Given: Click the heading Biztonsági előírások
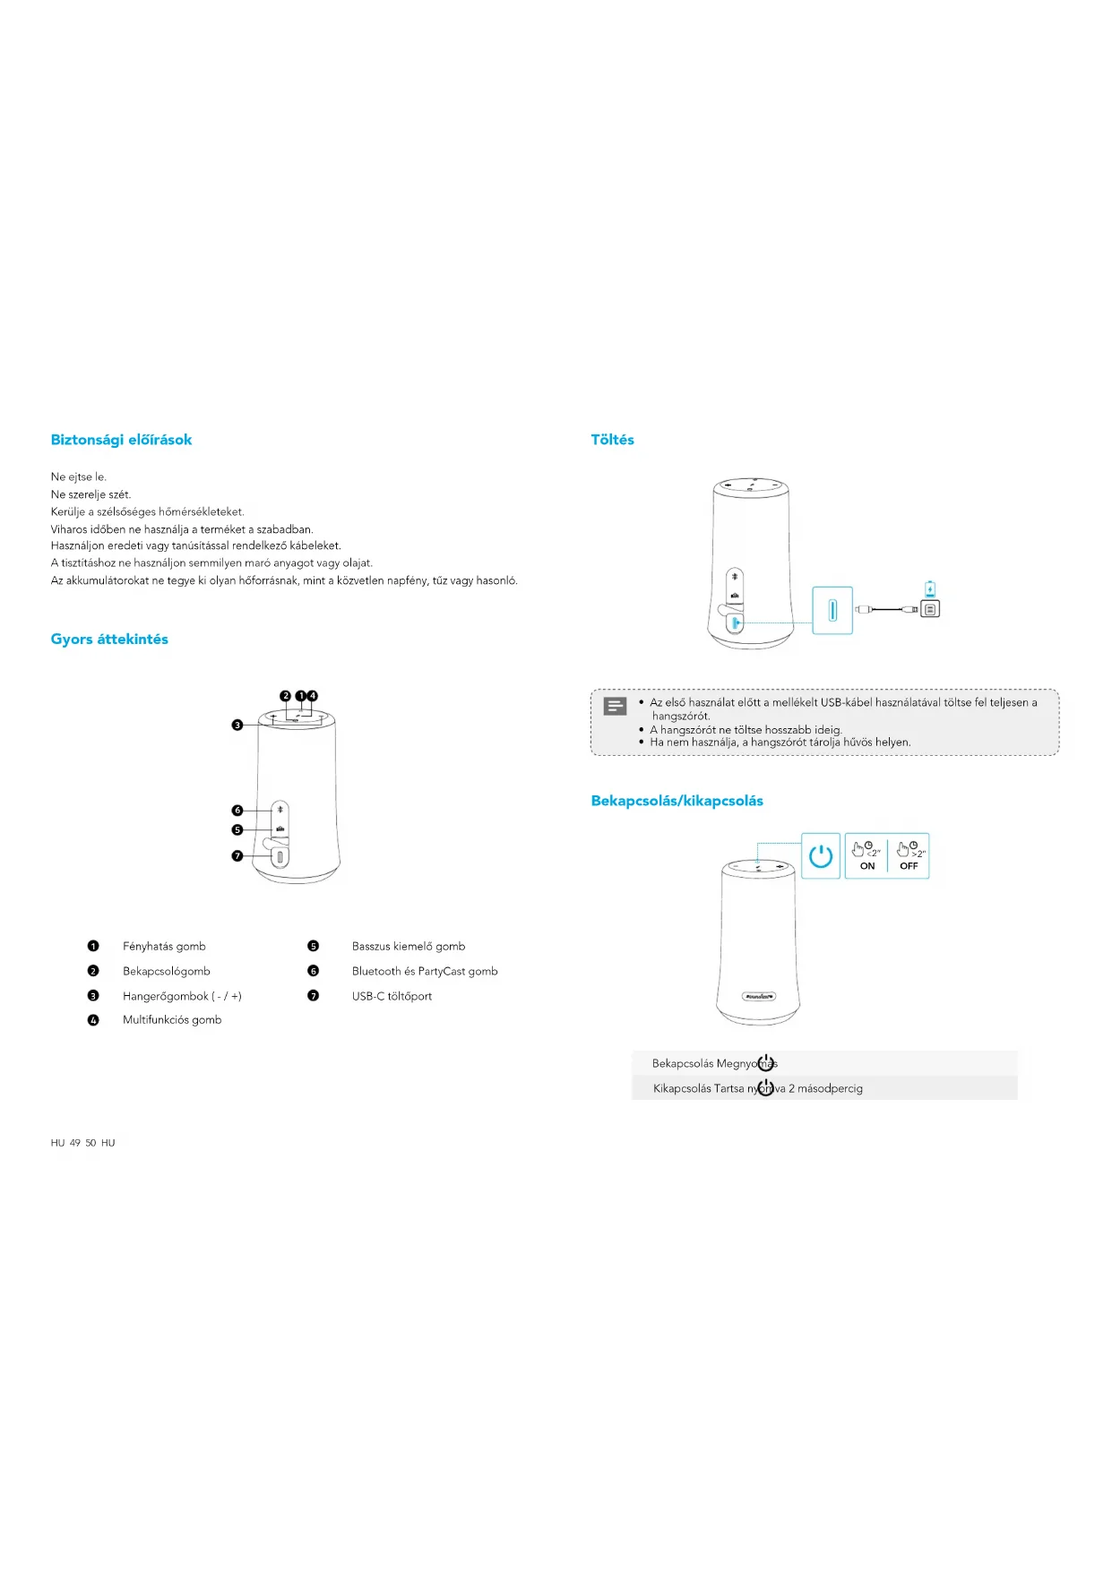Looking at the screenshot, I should coord(121,440).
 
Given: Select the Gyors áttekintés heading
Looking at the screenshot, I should coord(109,640).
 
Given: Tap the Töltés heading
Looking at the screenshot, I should coord(612,440).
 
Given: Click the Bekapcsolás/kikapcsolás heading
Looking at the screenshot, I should coord(677,801).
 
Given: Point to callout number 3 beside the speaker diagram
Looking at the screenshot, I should coord(237,725).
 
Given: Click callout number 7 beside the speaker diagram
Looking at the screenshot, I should coord(237,856).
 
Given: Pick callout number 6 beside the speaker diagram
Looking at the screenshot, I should coord(237,811).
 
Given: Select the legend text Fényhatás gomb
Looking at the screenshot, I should coord(164,947).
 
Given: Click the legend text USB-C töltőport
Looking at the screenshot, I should coord(392,996).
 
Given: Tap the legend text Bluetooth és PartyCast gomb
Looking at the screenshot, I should coord(425,972).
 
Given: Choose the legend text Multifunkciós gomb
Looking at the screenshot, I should coord(172,1020).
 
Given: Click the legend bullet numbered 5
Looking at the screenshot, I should coord(313,947).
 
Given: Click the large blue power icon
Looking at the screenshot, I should coord(821,856).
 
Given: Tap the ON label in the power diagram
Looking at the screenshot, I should coord(867,866).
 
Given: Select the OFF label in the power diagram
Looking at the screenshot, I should coord(909,866).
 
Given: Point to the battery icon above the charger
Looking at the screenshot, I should coord(930,589).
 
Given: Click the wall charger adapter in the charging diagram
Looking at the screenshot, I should coord(931,609).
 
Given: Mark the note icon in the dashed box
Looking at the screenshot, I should coord(615,707).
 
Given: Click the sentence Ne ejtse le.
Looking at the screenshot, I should coord(79,477).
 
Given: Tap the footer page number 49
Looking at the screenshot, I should coord(75,1143).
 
